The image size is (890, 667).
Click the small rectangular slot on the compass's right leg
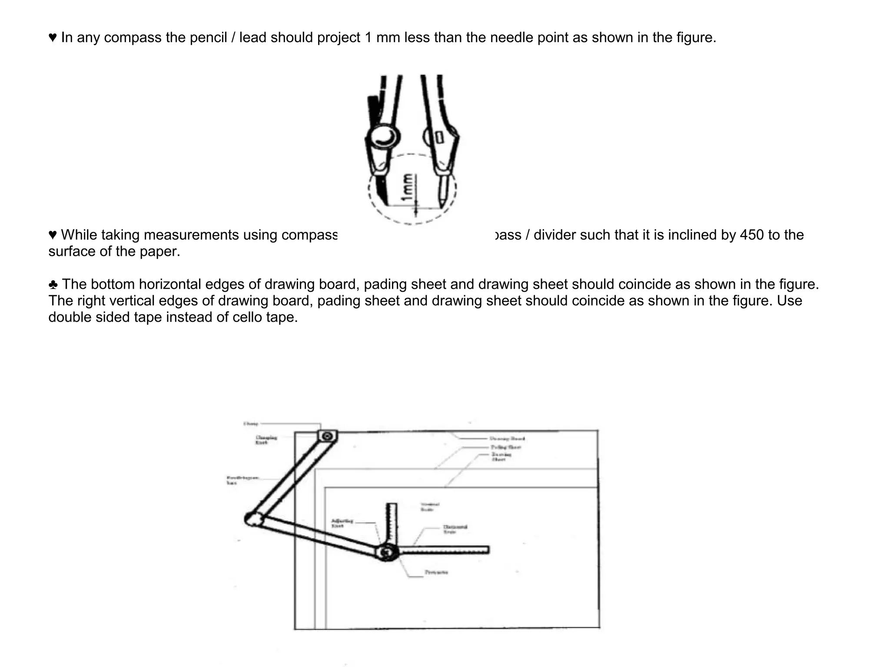coord(439,138)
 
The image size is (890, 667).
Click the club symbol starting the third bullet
coord(53,285)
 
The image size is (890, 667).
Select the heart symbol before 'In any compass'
coord(53,38)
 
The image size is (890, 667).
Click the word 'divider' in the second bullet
coord(555,235)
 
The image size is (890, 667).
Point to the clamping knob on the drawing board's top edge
coord(327,436)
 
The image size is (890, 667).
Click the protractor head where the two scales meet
coord(386,553)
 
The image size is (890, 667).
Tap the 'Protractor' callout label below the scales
coord(436,573)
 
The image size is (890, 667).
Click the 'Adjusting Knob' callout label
coord(342,523)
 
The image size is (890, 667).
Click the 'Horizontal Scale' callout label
coord(455,529)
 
